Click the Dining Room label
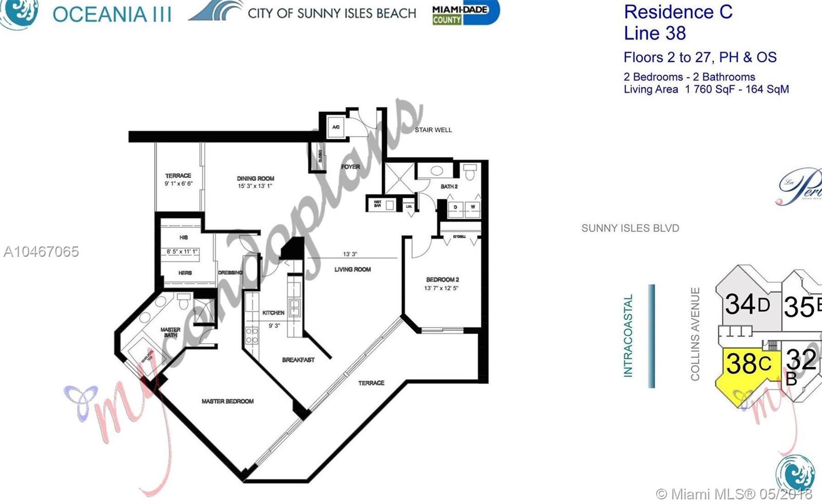coord(255,178)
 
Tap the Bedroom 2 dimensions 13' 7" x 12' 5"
coord(441,288)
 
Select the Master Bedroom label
coord(228,401)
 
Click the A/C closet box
coord(336,127)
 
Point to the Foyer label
coord(350,166)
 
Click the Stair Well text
coord(433,130)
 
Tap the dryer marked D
coord(455,208)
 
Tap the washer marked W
coord(473,208)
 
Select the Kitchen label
coord(273,312)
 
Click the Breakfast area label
coord(298,360)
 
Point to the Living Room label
coord(352,269)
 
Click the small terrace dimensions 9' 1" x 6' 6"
coord(178,183)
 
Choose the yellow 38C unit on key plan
coord(748,365)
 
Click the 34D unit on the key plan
coord(747,305)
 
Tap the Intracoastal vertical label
coord(628,336)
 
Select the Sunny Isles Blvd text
coord(630,228)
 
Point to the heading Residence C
coord(678,12)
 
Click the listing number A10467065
coord(41,251)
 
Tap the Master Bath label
coord(171,332)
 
